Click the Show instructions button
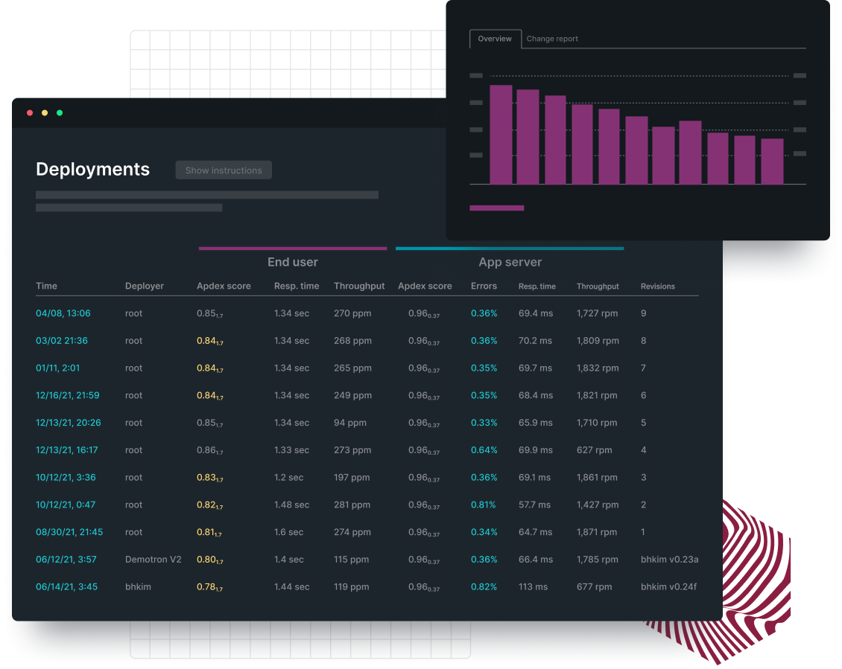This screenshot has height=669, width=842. (224, 170)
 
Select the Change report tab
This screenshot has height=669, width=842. (551, 39)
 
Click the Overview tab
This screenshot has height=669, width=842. (495, 39)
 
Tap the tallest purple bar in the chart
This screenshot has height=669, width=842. (501, 135)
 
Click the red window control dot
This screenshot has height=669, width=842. (30, 113)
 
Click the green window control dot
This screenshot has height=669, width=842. (60, 113)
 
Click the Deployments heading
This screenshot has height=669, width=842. (92, 170)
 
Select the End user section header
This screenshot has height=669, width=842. (292, 262)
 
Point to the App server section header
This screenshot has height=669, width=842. (510, 262)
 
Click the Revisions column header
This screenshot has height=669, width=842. (657, 287)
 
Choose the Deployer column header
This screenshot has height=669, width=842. (145, 287)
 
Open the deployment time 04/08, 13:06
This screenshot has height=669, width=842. (63, 313)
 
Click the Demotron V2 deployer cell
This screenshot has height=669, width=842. (153, 560)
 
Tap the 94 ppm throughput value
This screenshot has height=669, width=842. (350, 423)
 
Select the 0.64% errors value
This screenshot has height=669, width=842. (484, 450)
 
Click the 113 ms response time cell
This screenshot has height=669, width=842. (533, 587)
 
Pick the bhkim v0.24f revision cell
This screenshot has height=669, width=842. (669, 587)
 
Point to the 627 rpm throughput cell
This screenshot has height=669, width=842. (594, 450)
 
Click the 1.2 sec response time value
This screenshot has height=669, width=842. (288, 478)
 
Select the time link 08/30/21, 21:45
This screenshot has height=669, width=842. (69, 532)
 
